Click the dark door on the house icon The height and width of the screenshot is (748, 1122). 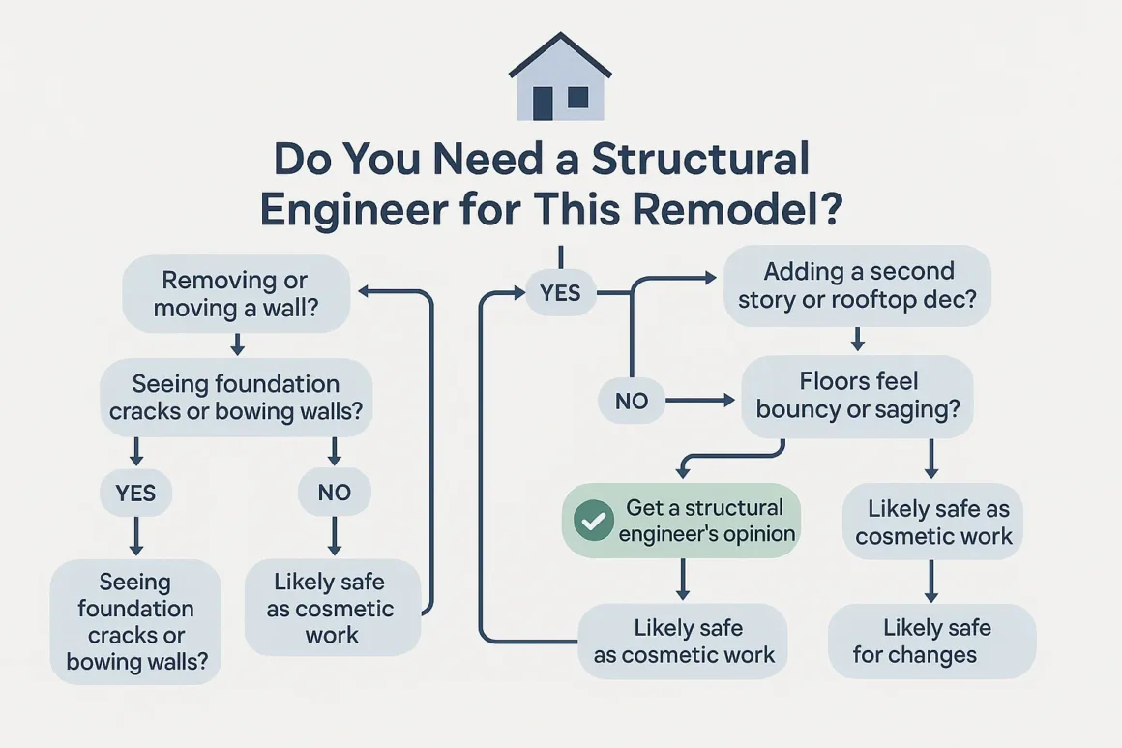pyautogui.click(x=543, y=103)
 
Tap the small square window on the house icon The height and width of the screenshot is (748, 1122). pyautogui.click(x=577, y=97)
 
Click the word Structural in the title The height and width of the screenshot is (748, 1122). pyautogui.click(x=700, y=160)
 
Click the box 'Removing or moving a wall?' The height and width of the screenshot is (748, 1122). pyautogui.click(x=236, y=294)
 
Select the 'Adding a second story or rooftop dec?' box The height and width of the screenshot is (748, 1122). pyautogui.click(x=857, y=284)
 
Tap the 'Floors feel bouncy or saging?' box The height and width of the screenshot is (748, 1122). pyautogui.click(x=858, y=396)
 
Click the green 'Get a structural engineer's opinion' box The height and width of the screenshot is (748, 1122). pyautogui.click(x=682, y=521)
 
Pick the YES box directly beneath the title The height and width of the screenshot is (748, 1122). pyautogui.click(x=560, y=293)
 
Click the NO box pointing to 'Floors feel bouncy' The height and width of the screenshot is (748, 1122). pyautogui.click(x=632, y=400)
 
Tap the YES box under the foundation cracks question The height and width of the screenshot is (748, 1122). pyautogui.click(x=135, y=493)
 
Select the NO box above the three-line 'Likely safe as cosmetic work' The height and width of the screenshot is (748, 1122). pyautogui.click(x=334, y=493)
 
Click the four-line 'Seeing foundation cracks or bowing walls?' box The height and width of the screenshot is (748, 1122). pyautogui.click(x=135, y=622)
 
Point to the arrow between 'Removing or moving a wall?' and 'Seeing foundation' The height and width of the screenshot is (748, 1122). pyautogui.click(x=237, y=344)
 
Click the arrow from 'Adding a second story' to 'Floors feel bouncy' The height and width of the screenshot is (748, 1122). pyautogui.click(x=857, y=339)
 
